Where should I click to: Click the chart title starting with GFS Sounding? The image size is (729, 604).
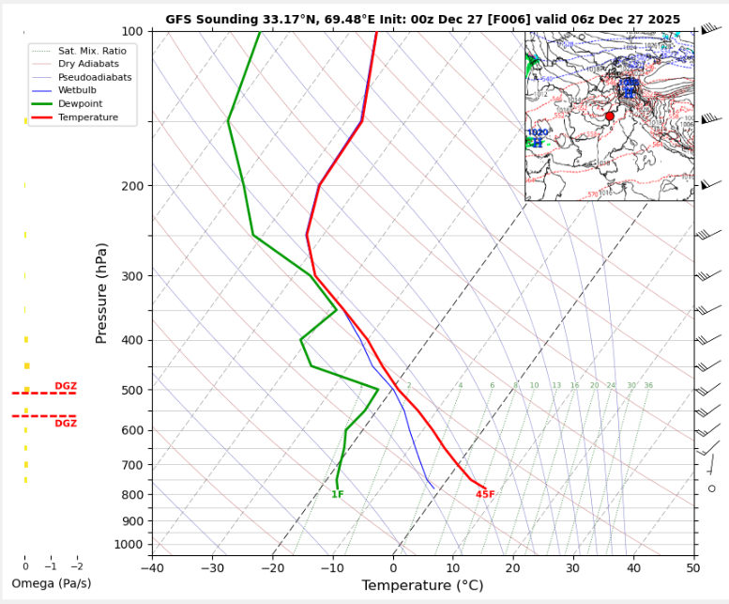pos(422,19)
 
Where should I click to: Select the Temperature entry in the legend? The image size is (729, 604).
pos(88,117)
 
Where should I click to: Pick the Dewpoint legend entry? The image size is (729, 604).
pos(80,104)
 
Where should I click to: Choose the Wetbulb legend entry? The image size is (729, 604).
pos(78,90)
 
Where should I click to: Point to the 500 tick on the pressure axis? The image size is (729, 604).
pos(133,390)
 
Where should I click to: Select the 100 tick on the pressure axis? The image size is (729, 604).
pos(133,32)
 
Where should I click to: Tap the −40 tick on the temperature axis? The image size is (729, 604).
pos(152,568)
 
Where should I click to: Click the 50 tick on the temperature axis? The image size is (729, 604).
pos(694,568)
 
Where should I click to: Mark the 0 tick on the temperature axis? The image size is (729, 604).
pos(393,568)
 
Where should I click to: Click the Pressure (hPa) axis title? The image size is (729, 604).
pos(101,292)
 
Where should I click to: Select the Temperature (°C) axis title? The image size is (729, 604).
pos(422,586)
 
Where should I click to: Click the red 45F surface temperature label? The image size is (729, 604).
pos(485,495)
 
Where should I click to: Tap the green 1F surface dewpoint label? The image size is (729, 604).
pos(338,495)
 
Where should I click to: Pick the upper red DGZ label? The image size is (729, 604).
pos(66,386)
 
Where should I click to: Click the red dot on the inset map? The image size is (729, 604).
pos(609,116)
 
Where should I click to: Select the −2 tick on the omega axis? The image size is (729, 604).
pos(76,566)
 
